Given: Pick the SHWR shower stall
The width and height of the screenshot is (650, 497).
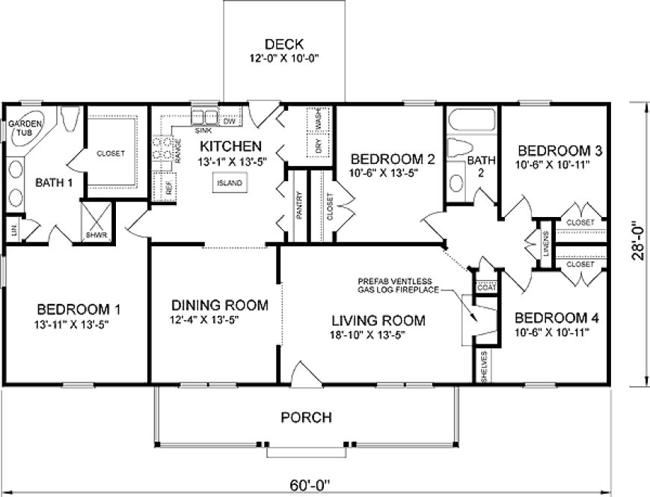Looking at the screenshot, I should click(96, 223).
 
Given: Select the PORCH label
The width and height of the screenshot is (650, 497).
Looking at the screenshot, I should click(306, 417).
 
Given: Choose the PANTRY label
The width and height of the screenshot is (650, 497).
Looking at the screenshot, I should click(298, 206).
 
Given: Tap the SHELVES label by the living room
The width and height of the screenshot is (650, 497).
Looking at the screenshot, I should click(485, 367).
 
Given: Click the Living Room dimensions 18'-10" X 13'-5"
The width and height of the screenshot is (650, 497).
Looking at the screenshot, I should click(378, 335).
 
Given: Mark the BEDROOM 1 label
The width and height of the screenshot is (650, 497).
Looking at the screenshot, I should click(79, 308).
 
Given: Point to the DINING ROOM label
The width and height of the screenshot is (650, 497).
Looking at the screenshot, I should click(219, 305).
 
